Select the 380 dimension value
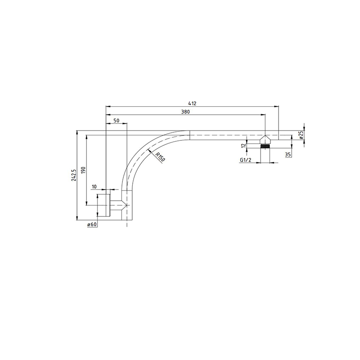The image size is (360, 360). click(185, 112)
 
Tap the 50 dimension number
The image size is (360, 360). click(117, 121)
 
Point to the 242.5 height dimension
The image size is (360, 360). click(74, 175)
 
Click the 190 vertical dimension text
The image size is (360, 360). click(83, 170)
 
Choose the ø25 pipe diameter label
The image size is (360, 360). click(301, 135)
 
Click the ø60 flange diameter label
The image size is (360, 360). click(92, 224)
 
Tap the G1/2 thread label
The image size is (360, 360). click(245, 160)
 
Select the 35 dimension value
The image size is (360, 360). click(288, 154)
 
